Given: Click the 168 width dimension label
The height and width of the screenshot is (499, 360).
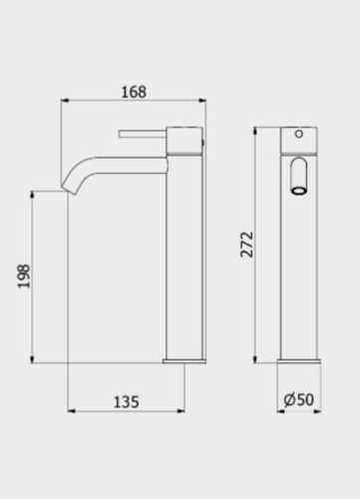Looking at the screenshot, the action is pos(134,92).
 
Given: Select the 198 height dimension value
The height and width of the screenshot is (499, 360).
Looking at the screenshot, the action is pos(24,276).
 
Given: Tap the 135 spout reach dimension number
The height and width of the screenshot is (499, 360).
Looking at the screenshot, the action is pos(127,402).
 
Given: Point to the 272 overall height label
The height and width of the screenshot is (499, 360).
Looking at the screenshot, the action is pos(247,245).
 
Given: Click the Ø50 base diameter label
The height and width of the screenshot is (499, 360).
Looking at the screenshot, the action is pos(298,399).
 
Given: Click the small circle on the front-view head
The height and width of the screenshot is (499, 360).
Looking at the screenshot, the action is pos(299,134).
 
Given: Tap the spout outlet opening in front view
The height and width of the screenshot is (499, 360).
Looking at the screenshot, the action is pos(299,191).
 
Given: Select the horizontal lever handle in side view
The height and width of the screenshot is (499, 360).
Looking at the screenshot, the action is pos(143,134).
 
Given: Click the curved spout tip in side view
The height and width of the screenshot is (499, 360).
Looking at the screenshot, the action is pos(69,189).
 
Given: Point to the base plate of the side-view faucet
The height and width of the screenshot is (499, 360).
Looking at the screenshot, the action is pos(184,361).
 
